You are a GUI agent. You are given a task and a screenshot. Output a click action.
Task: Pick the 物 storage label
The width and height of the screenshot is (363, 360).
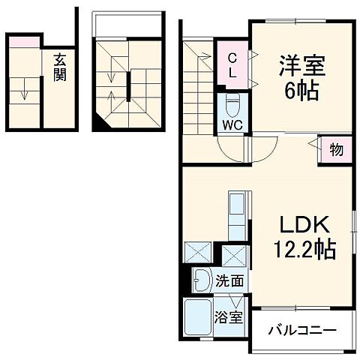[336, 150]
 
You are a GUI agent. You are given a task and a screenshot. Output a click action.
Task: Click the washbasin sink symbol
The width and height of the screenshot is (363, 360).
[202, 281]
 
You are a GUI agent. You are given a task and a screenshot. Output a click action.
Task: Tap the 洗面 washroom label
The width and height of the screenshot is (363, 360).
[229, 282]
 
